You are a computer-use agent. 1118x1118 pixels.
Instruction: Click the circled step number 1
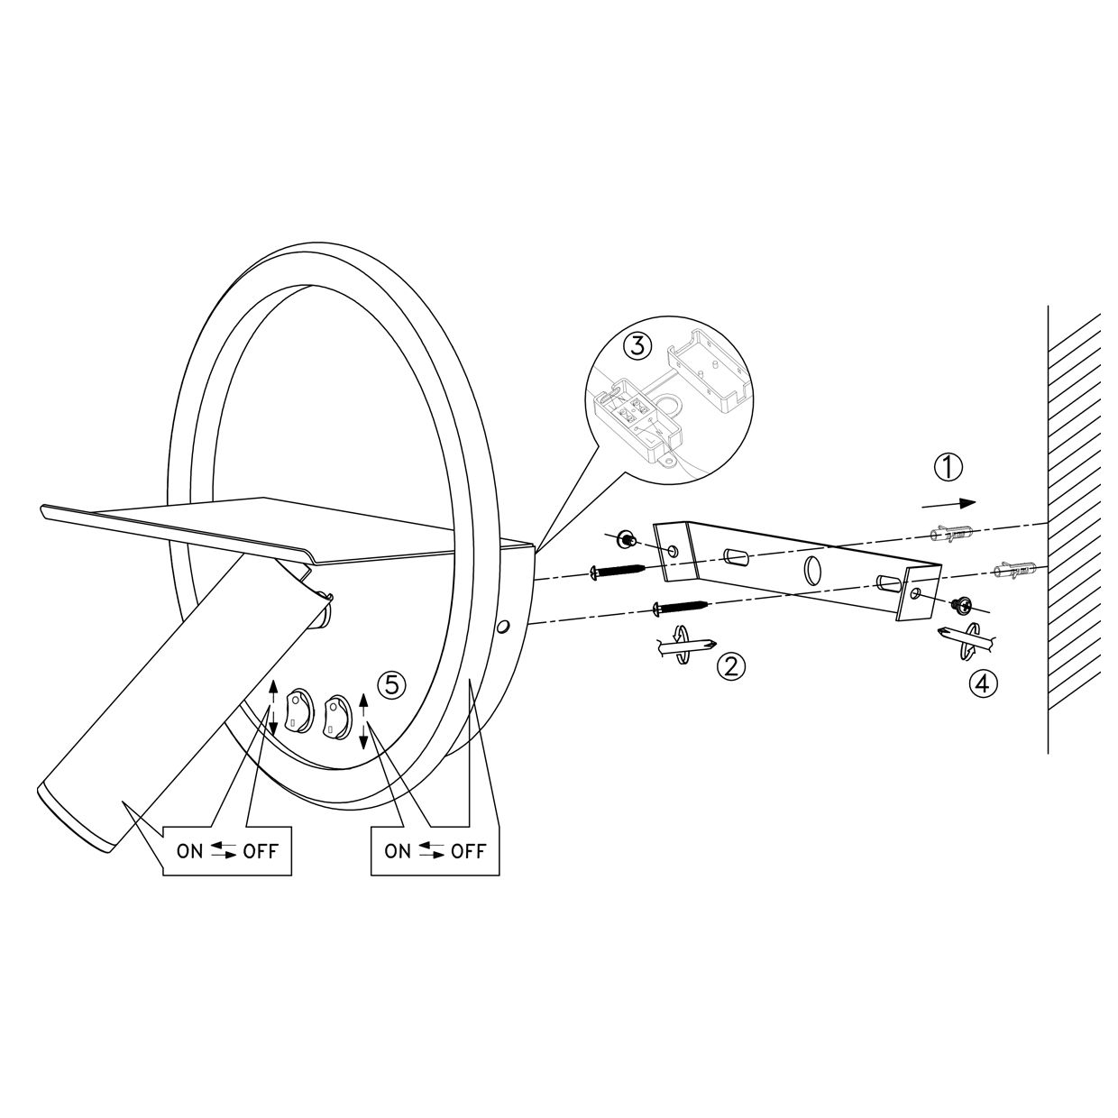coord(948,468)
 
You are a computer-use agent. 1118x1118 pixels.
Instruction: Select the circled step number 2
coord(731,666)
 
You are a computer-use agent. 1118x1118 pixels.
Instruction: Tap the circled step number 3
coord(637,346)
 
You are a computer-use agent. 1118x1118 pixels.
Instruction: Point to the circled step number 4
coord(983,683)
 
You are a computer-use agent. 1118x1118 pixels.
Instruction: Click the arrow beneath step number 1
coord(948,504)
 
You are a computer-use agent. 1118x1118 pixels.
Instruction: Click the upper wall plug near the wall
coord(950,533)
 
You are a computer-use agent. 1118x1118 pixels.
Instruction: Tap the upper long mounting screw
coord(618,572)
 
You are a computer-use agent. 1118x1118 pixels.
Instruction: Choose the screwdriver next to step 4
coord(967,640)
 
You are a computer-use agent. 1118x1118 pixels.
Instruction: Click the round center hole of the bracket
coord(812,571)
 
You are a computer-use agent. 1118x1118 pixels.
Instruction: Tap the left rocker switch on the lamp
coord(299,712)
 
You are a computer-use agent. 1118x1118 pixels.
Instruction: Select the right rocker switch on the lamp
coord(336,717)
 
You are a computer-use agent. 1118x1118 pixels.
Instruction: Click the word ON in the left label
coord(189,851)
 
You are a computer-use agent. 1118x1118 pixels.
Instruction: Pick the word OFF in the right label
coord(469,851)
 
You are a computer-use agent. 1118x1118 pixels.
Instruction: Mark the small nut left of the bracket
coord(626,539)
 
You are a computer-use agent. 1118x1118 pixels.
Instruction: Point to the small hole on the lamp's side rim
coord(504,627)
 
